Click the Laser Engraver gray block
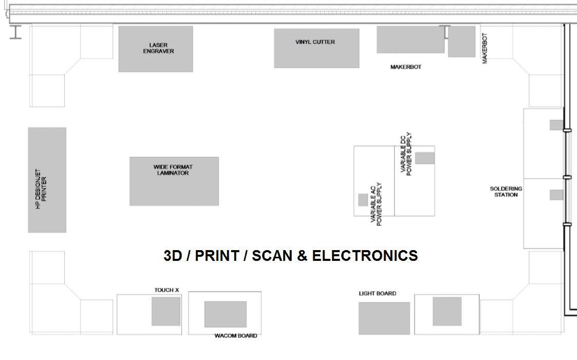(156, 49)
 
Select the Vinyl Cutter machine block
(317, 48)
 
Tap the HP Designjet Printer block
(47, 180)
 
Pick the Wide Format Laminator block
(174, 181)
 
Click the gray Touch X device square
(166, 311)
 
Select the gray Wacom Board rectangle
(226, 314)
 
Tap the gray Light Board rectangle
(384, 318)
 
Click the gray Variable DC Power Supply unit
(425, 158)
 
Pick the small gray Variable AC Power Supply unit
(363, 200)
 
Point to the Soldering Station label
(506, 192)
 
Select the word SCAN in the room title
(273, 256)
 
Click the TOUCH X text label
(167, 290)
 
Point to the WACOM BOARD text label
(236, 336)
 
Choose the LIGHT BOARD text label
(378, 294)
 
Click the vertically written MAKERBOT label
(485, 48)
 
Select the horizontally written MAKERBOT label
(406, 67)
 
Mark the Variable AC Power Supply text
(377, 204)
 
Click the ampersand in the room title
(303, 256)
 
